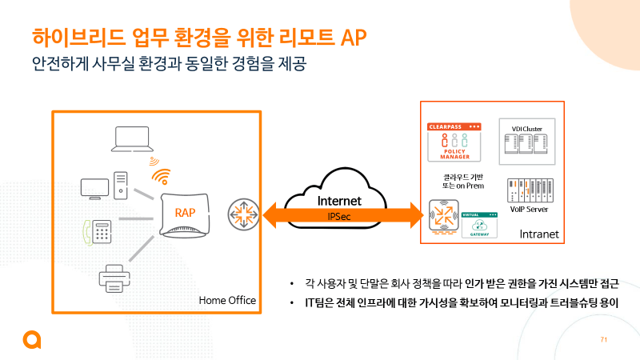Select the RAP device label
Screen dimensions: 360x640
tap(186, 212)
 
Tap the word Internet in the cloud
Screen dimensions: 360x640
tap(339, 201)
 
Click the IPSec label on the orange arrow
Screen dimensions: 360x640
tap(339, 216)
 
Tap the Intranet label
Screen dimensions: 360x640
tap(538, 234)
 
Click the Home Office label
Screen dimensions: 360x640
tap(227, 301)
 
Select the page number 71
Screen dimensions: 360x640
tap(604, 340)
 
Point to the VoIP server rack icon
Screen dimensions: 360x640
tap(526, 190)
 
